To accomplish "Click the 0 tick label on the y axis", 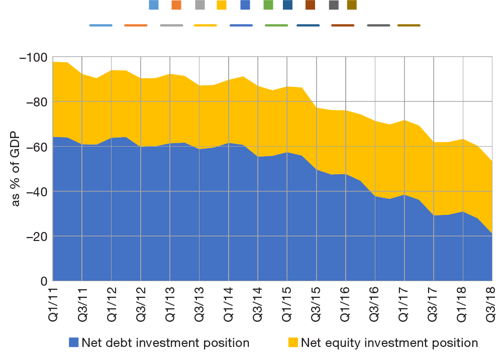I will coord(44,281).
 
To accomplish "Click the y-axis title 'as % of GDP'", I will coord(16,169).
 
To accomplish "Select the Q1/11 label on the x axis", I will coord(53,303).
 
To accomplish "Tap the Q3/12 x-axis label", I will coord(141,303).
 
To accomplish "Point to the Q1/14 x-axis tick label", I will coord(229,303).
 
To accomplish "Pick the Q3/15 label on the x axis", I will coord(317,303).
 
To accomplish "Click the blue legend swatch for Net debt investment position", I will coord(74,342).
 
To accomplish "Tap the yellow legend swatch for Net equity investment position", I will coord(293,342).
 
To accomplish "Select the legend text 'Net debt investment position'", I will coord(165,343).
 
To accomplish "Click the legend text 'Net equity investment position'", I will coord(389,343).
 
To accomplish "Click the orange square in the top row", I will coord(176,5).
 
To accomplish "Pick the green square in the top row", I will coord(268,5).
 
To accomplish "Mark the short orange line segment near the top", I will coord(136,25).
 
